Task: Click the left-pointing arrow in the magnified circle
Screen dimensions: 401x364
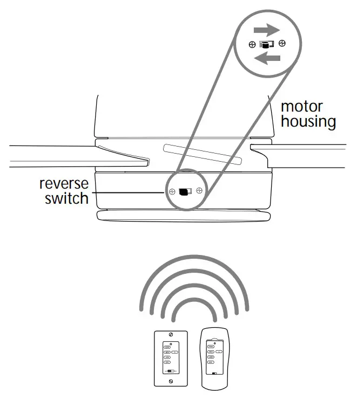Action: (267, 59)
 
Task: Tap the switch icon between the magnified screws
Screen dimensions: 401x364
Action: (267, 44)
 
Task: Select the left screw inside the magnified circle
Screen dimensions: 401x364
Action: (252, 44)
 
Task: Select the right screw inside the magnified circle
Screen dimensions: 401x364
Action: (282, 44)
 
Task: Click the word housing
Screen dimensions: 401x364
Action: (308, 121)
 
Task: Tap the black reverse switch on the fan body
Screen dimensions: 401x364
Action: (185, 191)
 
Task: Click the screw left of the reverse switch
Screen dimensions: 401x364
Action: (171, 191)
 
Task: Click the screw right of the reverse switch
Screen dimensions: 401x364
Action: (199, 190)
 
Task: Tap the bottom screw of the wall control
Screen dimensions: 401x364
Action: (171, 381)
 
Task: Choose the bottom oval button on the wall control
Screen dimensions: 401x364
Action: (168, 363)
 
